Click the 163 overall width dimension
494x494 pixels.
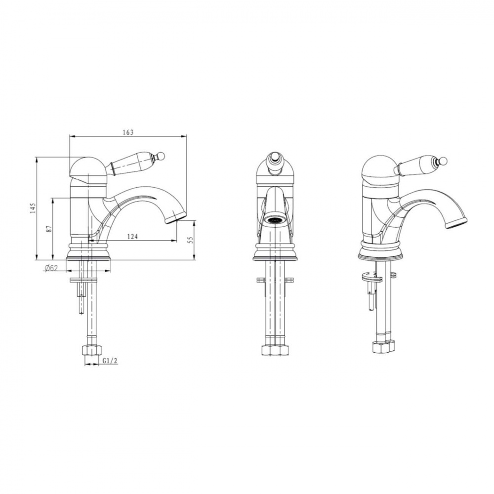pyautogui.click(x=128, y=132)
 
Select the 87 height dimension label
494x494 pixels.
pyautogui.click(x=48, y=229)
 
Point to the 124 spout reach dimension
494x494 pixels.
pyautogui.click(x=132, y=236)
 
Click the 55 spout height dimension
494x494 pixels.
pyautogui.click(x=190, y=241)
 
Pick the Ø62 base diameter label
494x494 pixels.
pyautogui.click(x=51, y=268)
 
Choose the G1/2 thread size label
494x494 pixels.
pyautogui.click(x=110, y=361)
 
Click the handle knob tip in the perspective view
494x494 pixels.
pyautogui.click(x=444, y=162)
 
